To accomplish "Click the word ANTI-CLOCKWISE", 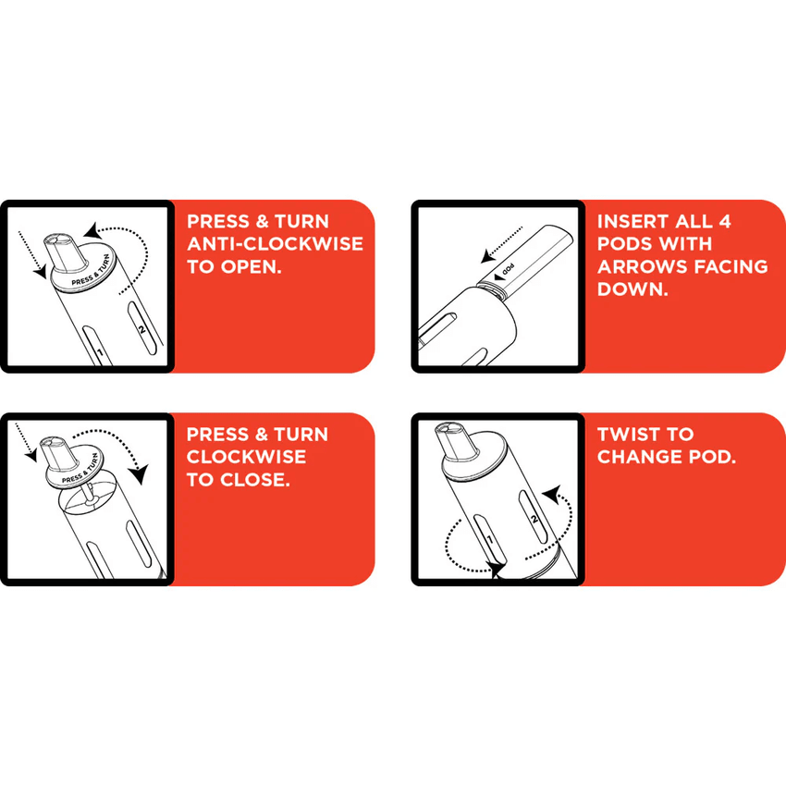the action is coord(275,243).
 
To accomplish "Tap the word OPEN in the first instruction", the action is coord(251,266).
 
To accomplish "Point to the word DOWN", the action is coord(632,289).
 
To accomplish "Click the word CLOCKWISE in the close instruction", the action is coord(246,457).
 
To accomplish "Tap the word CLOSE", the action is coord(255,480).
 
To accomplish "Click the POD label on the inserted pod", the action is coord(508,270).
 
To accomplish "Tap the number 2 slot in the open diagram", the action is coord(142,328).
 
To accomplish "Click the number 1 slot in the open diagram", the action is coord(98,347).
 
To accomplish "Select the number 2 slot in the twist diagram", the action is coord(534,517).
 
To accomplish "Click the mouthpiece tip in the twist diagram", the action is coord(449,429).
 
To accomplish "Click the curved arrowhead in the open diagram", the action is coord(92,230).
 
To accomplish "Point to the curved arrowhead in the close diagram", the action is coord(139,473).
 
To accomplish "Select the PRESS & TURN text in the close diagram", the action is coord(80,470).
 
